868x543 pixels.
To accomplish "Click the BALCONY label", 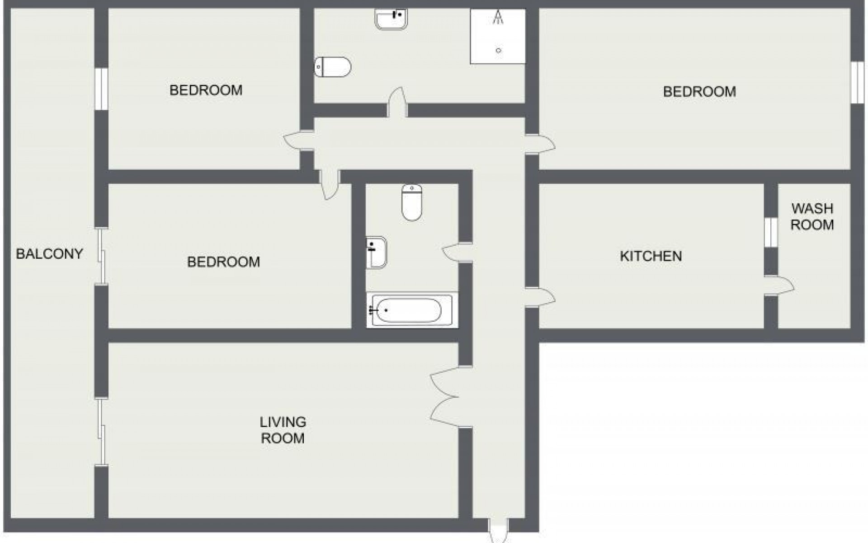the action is click(49, 254).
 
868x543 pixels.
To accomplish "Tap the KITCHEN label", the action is click(651, 256).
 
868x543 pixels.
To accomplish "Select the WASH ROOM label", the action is click(812, 217).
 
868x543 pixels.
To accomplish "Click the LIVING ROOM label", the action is click(283, 430).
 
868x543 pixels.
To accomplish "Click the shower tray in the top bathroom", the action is click(498, 36).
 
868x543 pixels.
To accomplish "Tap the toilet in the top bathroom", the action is click(333, 67).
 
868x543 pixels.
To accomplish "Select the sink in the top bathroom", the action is click(392, 19).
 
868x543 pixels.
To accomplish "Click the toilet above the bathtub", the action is click(412, 202).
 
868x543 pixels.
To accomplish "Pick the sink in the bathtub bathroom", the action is click(376, 252).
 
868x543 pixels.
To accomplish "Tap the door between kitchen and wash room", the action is click(779, 286).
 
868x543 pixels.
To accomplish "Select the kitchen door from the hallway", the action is click(540, 297).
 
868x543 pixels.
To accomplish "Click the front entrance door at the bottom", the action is click(499, 531).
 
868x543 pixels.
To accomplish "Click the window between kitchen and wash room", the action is click(771, 233).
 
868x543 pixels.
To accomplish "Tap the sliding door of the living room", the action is click(102, 432).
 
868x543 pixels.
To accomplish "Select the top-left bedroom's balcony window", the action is click(102, 89).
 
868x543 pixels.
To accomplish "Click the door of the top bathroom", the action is click(397, 102).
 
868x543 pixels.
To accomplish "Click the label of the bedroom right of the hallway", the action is click(699, 92).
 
